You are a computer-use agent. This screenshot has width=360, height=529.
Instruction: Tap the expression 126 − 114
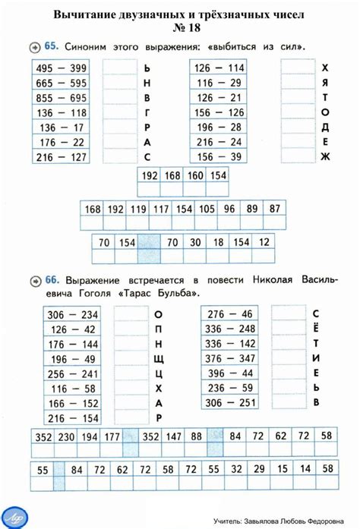pos(219,68)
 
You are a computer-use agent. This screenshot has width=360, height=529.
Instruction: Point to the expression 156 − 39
pos(219,157)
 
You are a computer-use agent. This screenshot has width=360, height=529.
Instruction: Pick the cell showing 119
pos(137,209)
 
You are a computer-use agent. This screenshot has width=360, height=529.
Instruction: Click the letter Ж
pos(325,157)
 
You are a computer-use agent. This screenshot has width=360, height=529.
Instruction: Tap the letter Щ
pos(158,359)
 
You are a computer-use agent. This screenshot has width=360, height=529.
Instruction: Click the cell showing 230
pos(66,436)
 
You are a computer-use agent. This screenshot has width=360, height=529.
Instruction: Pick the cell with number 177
pos(112,436)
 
